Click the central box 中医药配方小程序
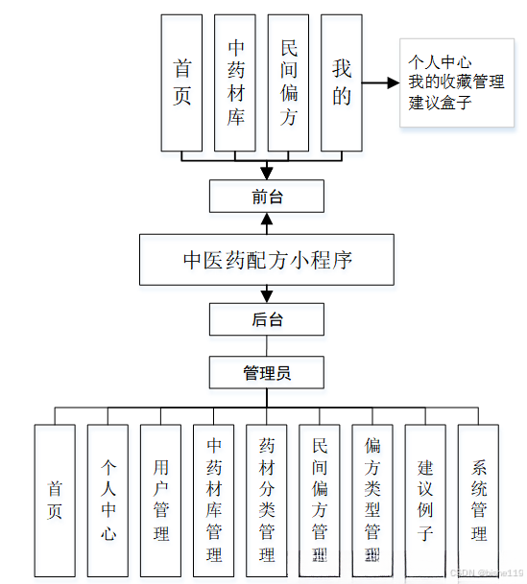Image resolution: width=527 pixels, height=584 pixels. (x=267, y=260)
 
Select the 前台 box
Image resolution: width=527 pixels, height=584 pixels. (x=267, y=197)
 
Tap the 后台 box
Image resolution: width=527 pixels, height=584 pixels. (x=267, y=319)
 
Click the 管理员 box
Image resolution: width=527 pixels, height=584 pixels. (x=267, y=372)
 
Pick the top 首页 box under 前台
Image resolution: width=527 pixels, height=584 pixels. (x=181, y=82)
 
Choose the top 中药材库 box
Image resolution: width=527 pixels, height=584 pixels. (x=235, y=82)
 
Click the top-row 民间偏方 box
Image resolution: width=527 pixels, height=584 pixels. (x=288, y=82)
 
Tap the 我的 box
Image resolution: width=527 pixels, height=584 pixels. (x=342, y=82)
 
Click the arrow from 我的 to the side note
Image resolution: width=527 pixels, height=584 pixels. (x=381, y=82)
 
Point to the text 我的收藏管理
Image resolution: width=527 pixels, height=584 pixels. (x=456, y=82)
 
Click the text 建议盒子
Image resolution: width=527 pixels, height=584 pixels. (x=441, y=103)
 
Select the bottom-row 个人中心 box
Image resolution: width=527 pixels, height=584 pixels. (x=108, y=500)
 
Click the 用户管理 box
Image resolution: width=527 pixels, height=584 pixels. (x=160, y=500)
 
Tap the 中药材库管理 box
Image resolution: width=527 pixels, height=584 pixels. (x=214, y=500)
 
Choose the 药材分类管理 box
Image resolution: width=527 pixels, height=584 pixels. (x=267, y=500)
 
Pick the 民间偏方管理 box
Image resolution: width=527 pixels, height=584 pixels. (x=320, y=500)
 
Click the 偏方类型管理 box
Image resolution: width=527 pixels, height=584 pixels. (x=372, y=500)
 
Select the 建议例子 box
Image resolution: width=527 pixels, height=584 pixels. (x=425, y=500)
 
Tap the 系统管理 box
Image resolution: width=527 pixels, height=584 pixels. (x=478, y=500)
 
